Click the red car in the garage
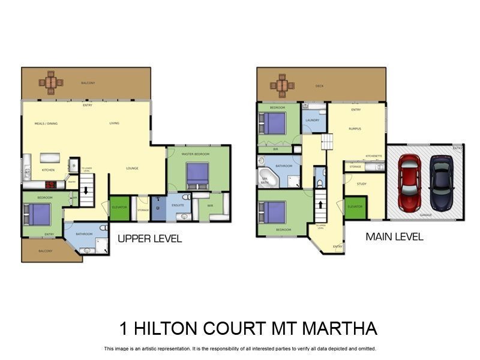click(x=410, y=183)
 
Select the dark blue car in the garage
click(x=441, y=182)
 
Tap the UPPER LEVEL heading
click(x=149, y=239)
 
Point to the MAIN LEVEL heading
click(x=394, y=236)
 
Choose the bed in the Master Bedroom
click(x=197, y=175)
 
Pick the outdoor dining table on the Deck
click(x=282, y=85)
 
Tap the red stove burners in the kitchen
click(x=51, y=185)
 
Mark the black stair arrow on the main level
click(x=321, y=204)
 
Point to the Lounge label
click(x=132, y=168)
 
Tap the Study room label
click(x=361, y=184)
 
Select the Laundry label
click(x=312, y=120)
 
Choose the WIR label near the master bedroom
click(x=210, y=205)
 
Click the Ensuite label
click(x=178, y=205)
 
